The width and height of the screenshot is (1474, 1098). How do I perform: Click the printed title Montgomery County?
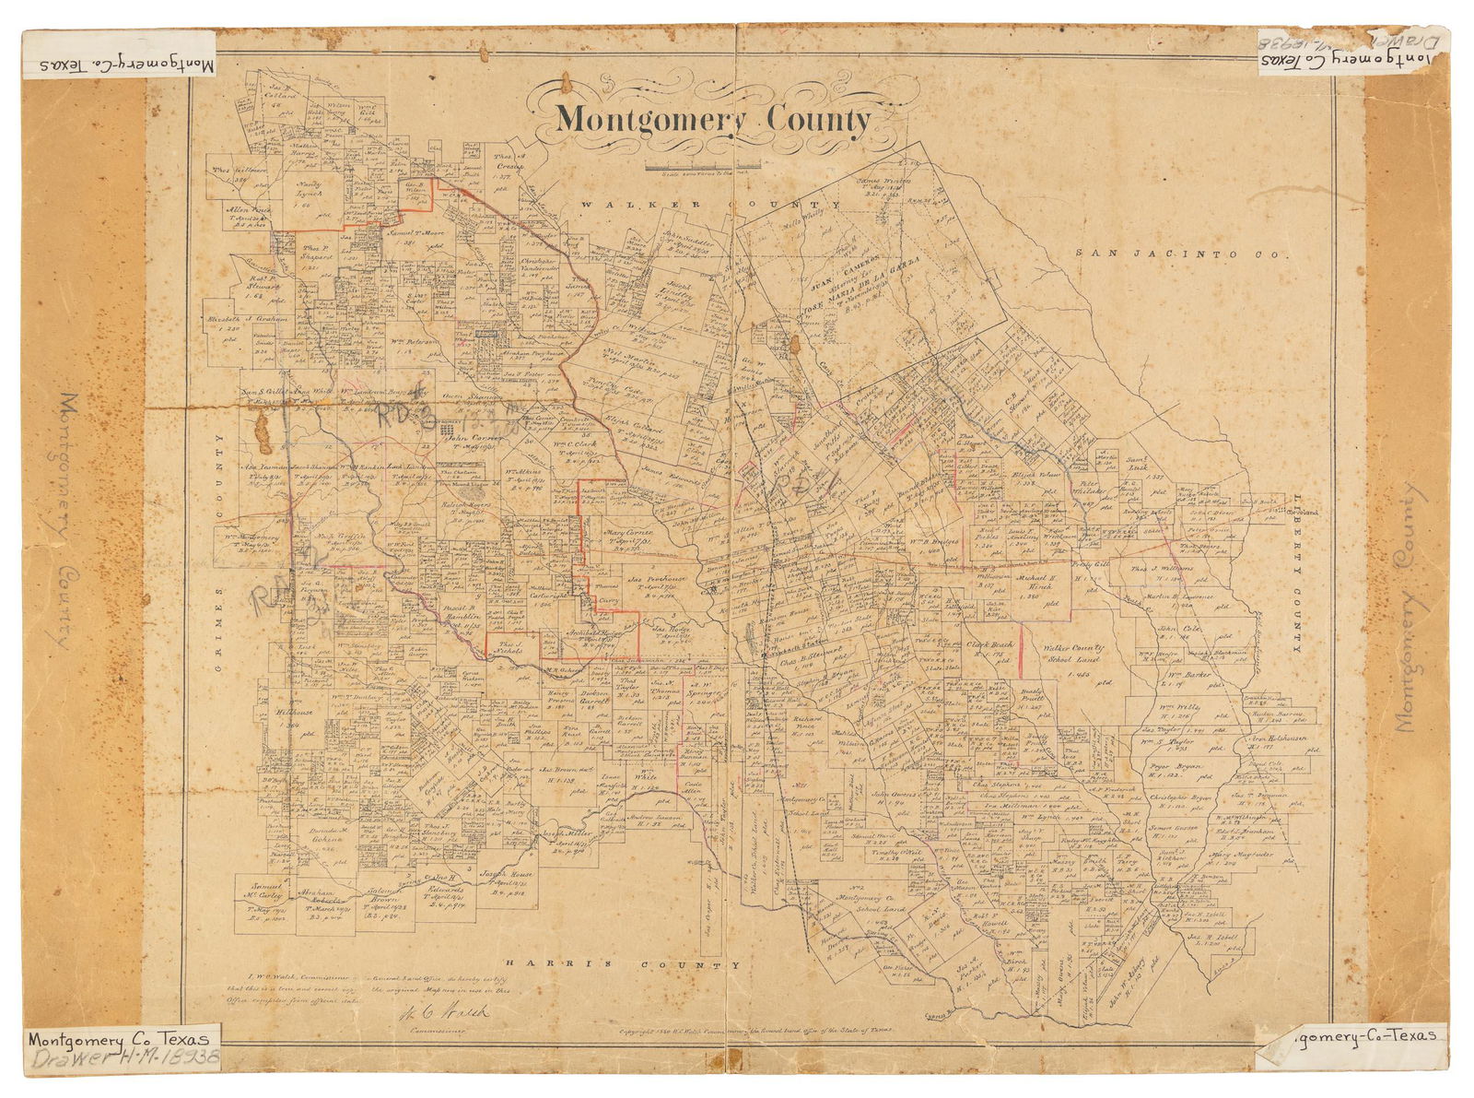[x=713, y=119]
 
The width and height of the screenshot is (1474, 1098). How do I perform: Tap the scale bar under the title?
[x=702, y=167]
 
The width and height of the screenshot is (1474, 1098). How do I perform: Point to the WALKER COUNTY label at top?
[x=709, y=205]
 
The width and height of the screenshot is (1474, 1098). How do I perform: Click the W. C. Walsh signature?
[x=445, y=1013]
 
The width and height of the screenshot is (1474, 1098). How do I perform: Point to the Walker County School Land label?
[x=1065, y=656]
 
